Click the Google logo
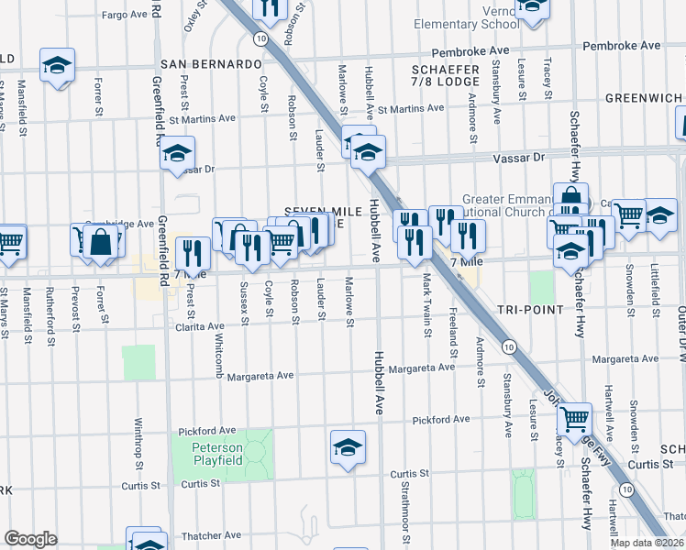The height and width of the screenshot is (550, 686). (x=30, y=539)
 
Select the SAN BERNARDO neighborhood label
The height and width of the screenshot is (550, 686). (x=212, y=64)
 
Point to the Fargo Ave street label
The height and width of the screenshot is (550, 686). (x=125, y=16)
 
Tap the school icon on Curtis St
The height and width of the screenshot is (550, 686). (x=348, y=447)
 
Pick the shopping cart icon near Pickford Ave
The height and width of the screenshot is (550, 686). (x=574, y=420)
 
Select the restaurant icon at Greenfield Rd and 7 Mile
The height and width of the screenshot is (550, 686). (x=192, y=250)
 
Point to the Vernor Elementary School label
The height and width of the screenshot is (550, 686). (x=466, y=16)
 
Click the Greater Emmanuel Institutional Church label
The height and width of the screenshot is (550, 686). (x=505, y=205)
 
